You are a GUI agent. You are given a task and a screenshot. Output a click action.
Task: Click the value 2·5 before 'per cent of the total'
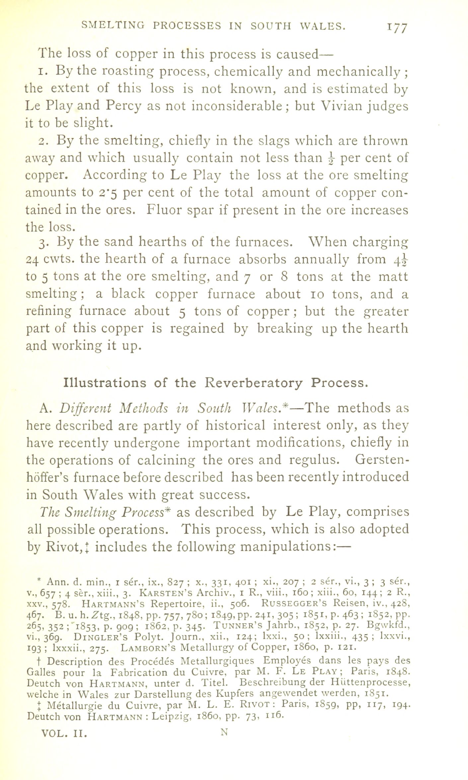[107, 193]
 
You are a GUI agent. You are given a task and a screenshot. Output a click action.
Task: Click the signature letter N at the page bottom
[225, 732]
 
